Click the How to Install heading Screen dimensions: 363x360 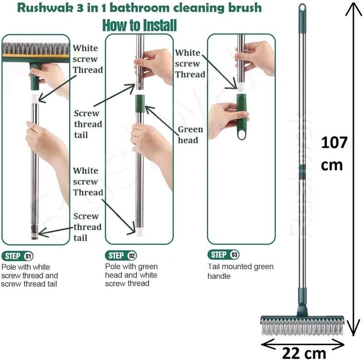click(x=140, y=25)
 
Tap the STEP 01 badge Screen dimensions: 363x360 click(x=17, y=256)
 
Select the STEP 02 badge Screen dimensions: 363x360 click(x=121, y=255)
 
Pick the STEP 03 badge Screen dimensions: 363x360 click(x=223, y=255)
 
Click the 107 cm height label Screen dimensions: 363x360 click(x=334, y=154)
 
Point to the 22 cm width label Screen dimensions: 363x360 click(x=304, y=353)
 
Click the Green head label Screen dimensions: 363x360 click(x=190, y=135)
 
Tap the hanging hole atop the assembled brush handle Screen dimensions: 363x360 click(x=302, y=8)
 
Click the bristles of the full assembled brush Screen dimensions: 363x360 click(x=302, y=328)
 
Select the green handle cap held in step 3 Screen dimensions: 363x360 click(x=242, y=117)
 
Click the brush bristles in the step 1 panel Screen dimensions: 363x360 click(x=36, y=48)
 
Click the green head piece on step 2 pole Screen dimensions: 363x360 click(x=140, y=103)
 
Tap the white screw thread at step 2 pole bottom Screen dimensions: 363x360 click(x=139, y=232)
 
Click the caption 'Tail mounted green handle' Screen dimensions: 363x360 click(x=240, y=271)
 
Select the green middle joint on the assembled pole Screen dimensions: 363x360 click(x=302, y=172)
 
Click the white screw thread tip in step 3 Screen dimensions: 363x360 click(x=241, y=87)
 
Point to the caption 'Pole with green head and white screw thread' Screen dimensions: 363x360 click(x=131, y=275)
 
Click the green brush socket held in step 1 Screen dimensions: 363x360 click(x=35, y=78)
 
